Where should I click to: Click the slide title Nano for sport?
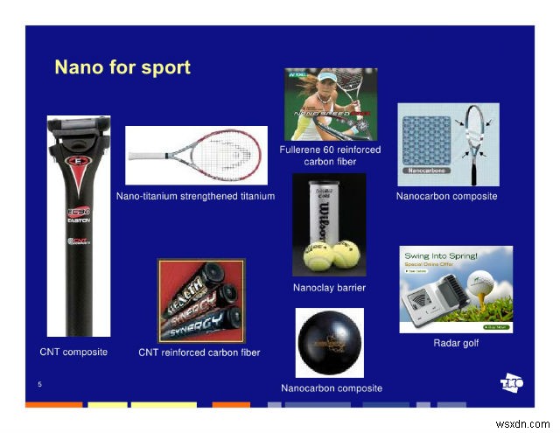click(x=122, y=67)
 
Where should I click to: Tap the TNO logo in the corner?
click(x=510, y=382)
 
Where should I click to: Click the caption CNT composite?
click(x=73, y=352)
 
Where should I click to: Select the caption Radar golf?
click(x=456, y=343)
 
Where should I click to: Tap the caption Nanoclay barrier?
click(x=329, y=288)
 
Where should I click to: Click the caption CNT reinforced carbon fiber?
click(x=199, y=353)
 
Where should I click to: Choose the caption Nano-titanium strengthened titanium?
click(x=196, y=197)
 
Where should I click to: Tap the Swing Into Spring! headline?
click(x=440, y=256)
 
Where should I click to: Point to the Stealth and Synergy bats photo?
click(x=201, y=301)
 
